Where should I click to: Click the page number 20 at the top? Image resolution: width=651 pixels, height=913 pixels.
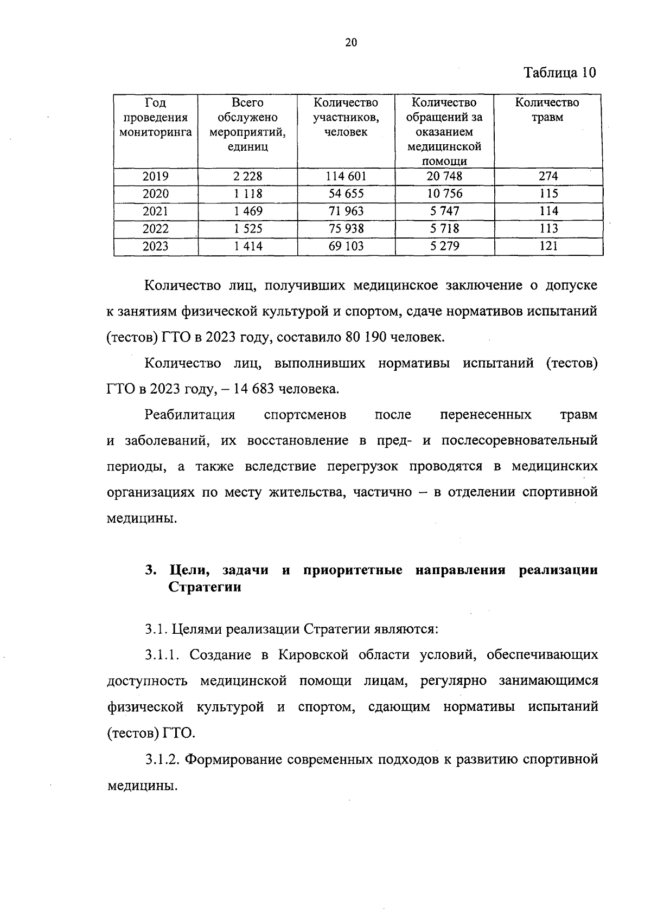click(351, 43)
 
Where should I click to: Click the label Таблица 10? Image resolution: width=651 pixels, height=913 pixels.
click(560, 73)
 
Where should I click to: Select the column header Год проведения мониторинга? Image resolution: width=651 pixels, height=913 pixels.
click(156, 117)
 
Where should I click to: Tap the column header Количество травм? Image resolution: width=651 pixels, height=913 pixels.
click(547, 110)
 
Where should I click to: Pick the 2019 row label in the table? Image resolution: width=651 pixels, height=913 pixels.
click(156, 176)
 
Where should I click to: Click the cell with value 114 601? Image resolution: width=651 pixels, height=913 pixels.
click(346, 176)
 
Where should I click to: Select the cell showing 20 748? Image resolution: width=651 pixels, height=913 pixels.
click(444, 176)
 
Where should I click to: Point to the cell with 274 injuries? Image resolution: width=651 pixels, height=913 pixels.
click(548, 176)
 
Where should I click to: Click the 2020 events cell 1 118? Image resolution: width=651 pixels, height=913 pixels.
click(248, 194)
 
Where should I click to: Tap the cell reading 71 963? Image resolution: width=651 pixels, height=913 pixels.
click(346, 211)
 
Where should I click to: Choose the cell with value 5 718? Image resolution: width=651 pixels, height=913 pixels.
click(444, 228)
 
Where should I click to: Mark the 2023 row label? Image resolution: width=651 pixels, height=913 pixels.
click(156, 246)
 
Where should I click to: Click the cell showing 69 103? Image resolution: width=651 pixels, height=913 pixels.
click(346, 246)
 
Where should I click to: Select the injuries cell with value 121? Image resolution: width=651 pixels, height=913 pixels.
click(548, 246)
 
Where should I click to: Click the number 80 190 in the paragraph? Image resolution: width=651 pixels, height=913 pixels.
click(364, 337)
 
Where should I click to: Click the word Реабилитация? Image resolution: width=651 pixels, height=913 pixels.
click(190, 415)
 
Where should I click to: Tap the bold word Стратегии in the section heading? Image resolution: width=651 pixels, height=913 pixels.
click(205, 588)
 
